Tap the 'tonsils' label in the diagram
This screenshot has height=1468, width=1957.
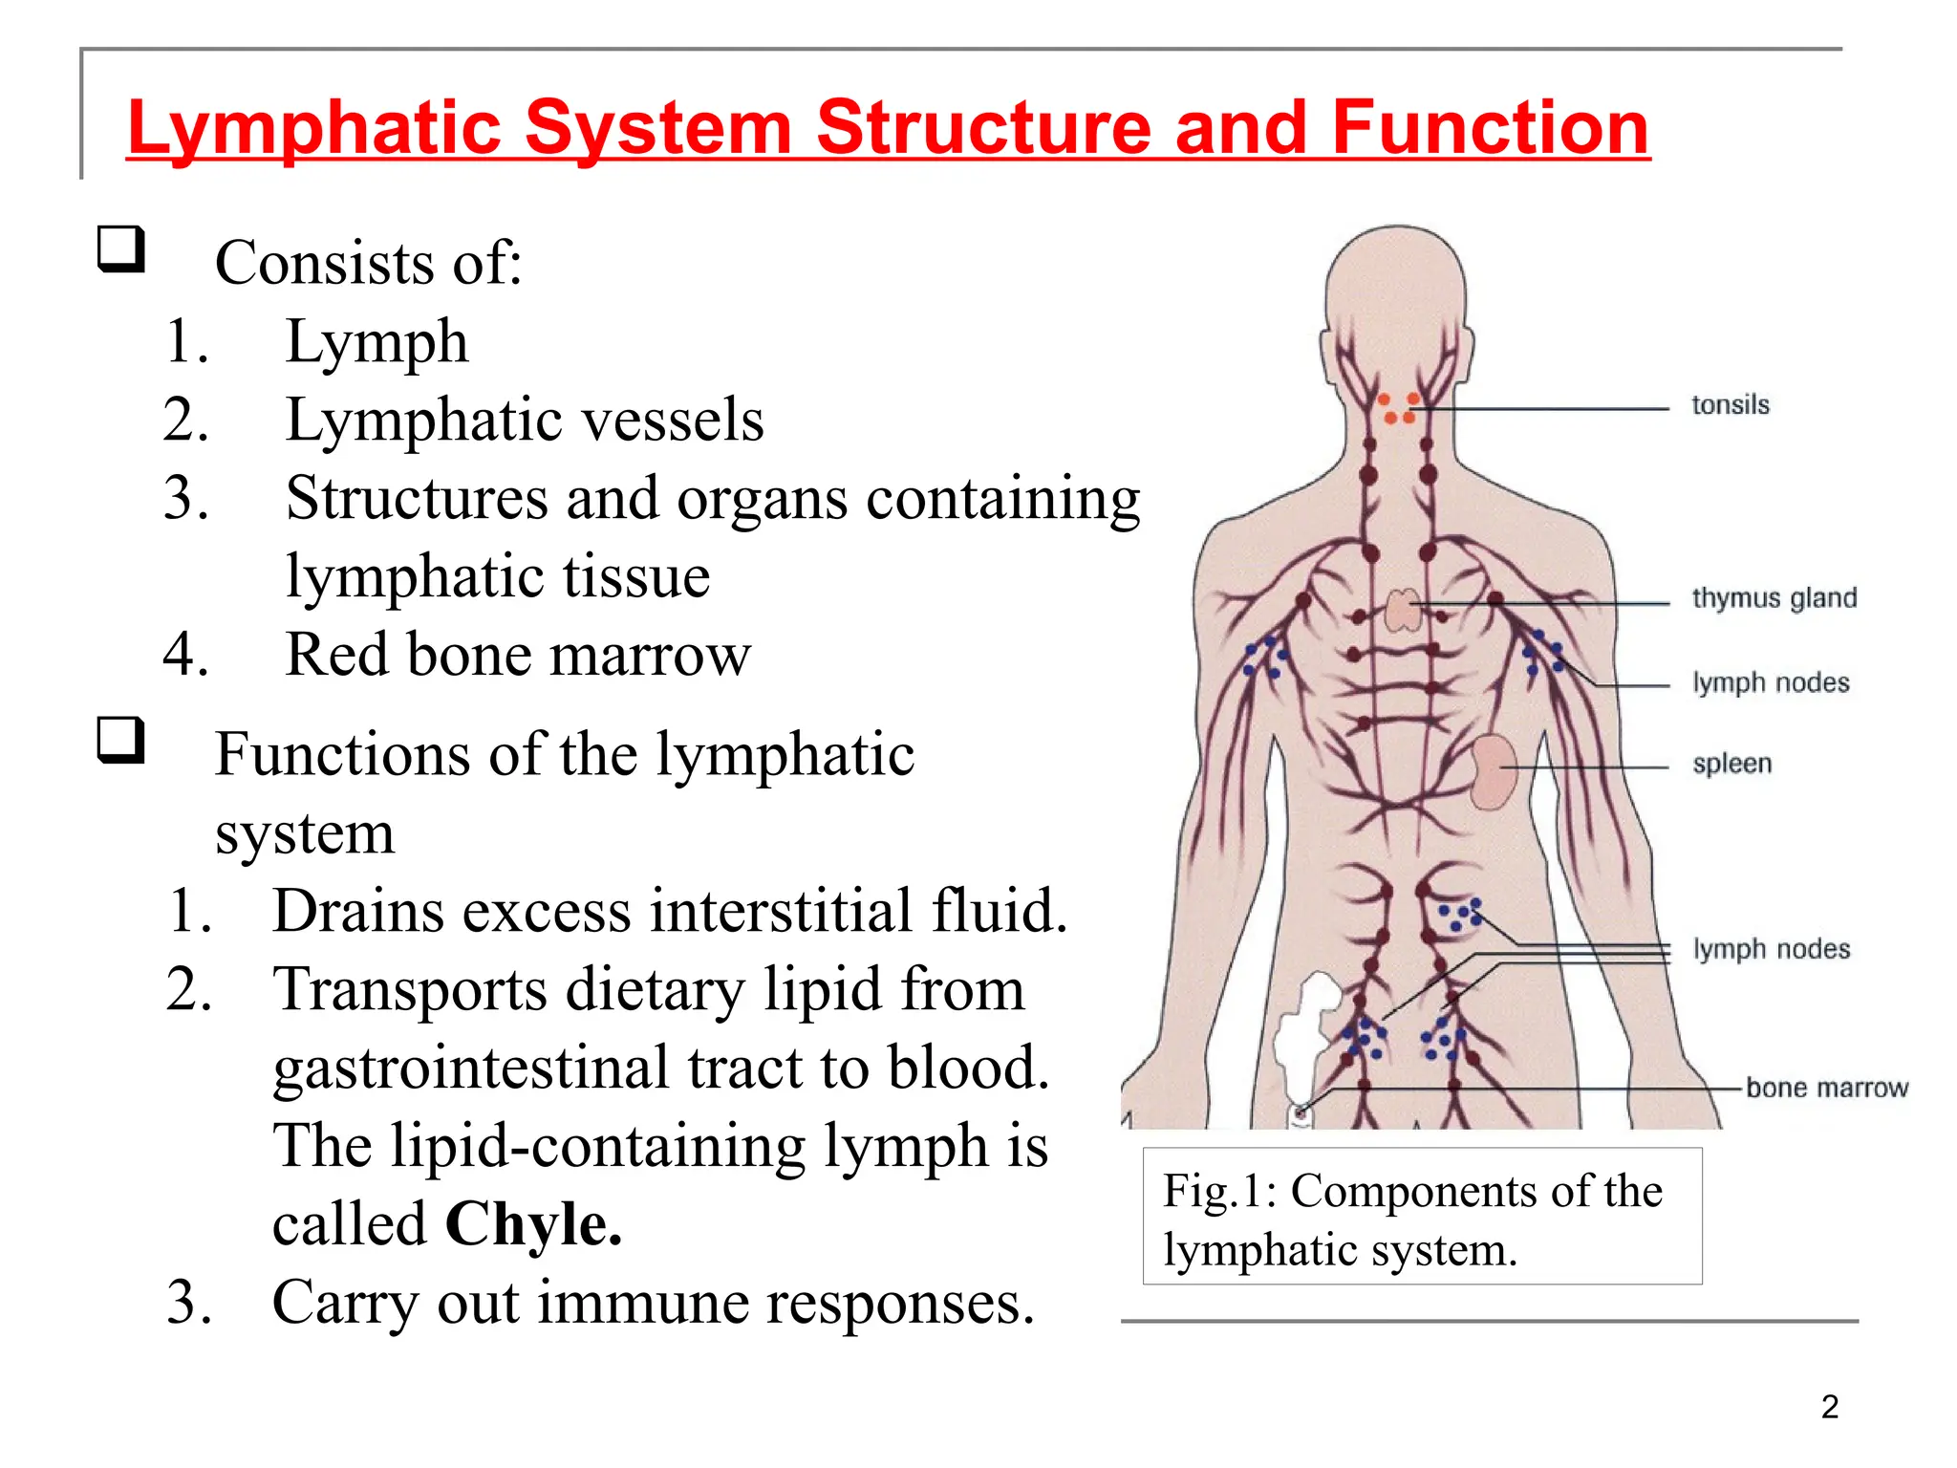pyautogui.click(x=1730, y=405)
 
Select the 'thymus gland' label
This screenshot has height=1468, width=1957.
pyautogui.click(x=1774, y=598)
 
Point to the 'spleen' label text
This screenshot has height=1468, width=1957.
pyautogui.click(x=1731, y=764)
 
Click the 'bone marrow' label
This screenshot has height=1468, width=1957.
pyautogui.click(x=1826, y=1088)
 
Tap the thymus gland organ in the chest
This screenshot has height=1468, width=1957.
pyautogui.click(x=1403, y=610)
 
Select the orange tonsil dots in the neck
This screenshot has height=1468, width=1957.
pyautogui.click(x=1398, y=408)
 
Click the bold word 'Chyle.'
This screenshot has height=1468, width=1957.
pyautogui.click(x=533, y=1223)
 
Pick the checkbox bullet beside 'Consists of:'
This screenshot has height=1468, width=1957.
pyautogui.click(x=121, y=250)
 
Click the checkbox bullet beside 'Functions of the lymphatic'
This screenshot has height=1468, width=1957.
pyautogui.click(x=121, y=742)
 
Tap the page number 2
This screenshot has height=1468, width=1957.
pyautogui.click(x=1829, y=1407)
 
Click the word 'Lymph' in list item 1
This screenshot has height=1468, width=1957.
pyautogui.click(x=376, y=342)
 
